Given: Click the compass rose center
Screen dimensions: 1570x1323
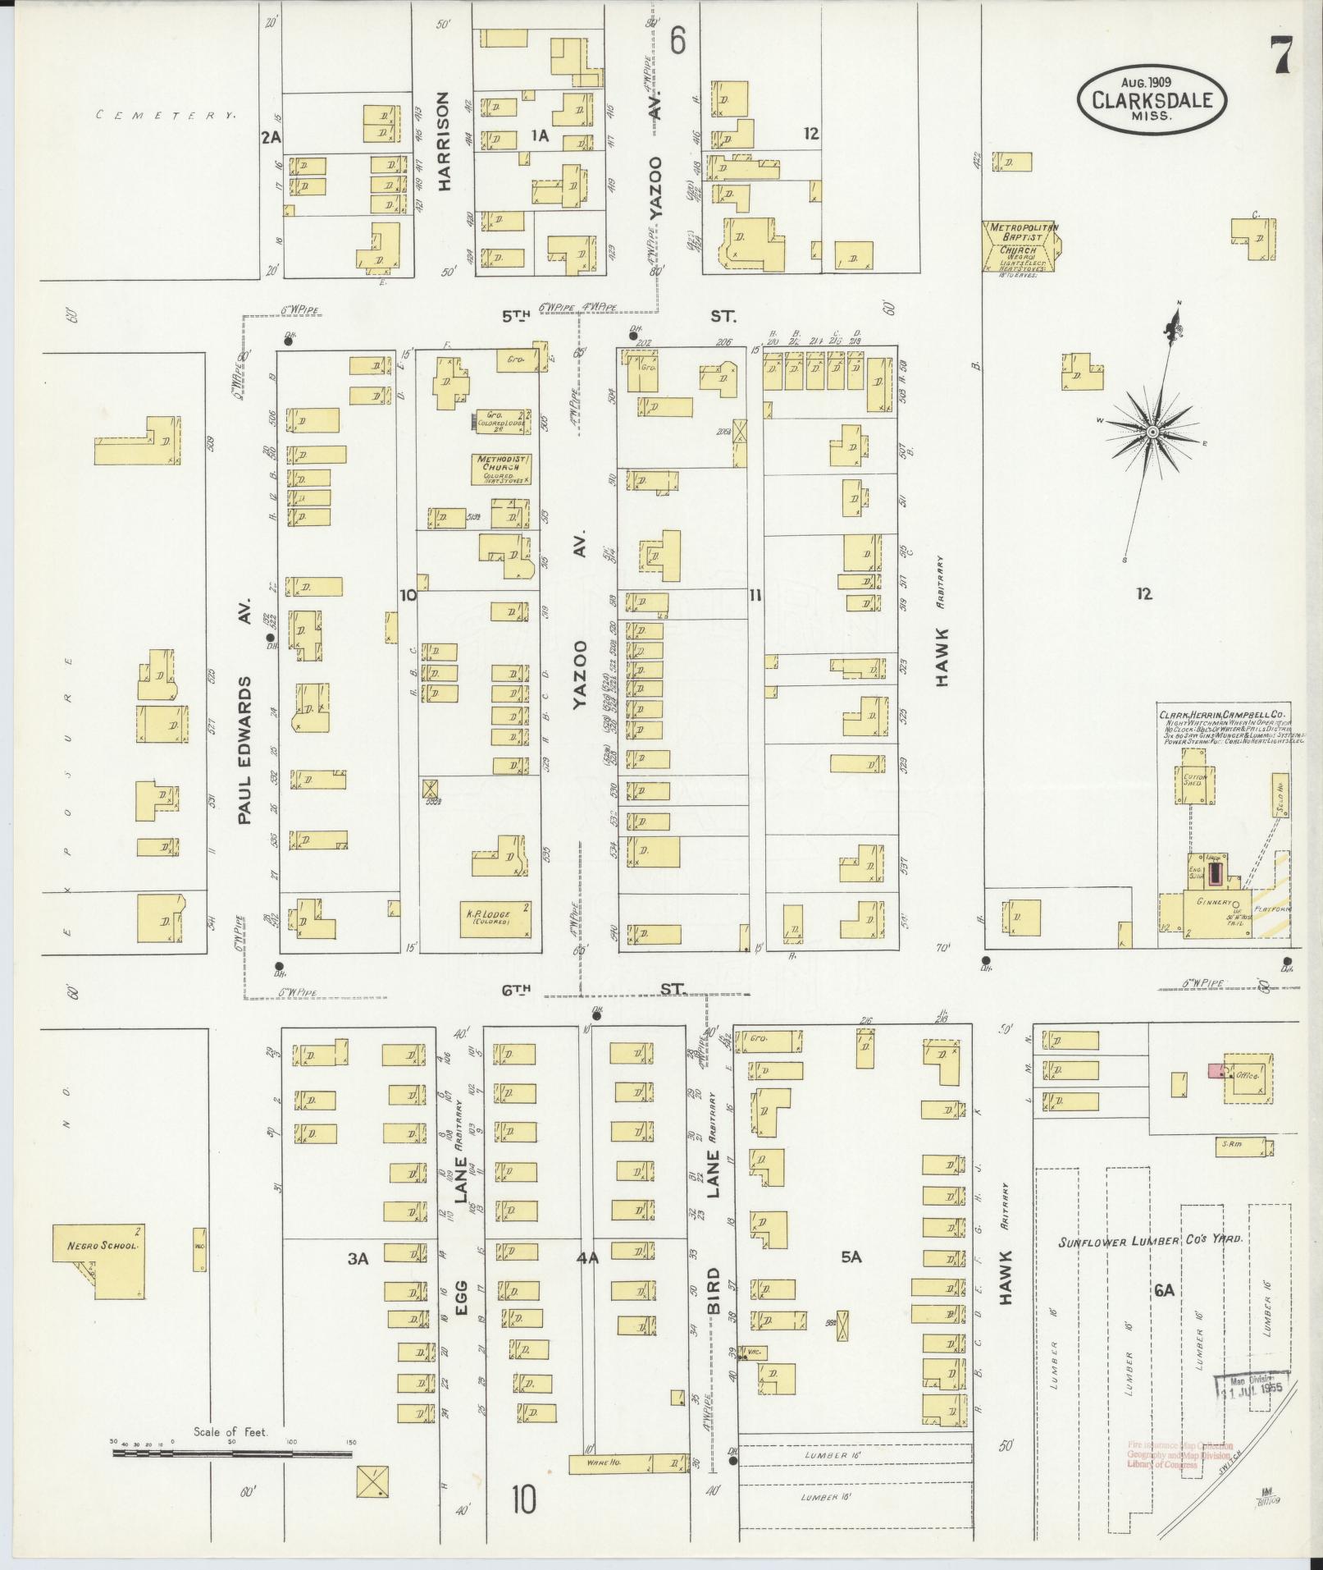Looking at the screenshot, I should (1152, 432).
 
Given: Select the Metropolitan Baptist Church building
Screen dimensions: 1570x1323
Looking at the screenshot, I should (1021, 245).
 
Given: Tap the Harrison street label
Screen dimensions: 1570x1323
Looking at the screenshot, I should (444, 141).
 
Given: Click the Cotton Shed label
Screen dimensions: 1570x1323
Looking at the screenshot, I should (1192, 780).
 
